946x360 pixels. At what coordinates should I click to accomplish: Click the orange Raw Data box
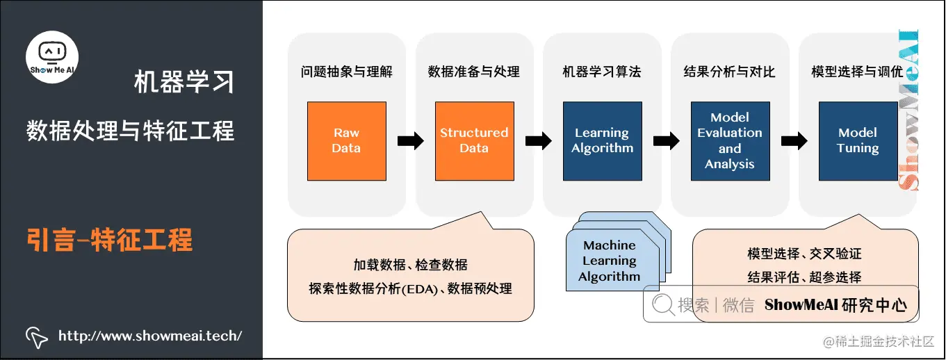pyautogui.click(x=346, y=141)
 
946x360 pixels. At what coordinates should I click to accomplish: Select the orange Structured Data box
pyautogui.click(x=474, y=141)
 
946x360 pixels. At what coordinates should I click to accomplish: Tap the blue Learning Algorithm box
pyautogui.click(x=602, y=141)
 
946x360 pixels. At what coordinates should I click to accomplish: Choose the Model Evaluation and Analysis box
pyautogui.click(x=730, y=141)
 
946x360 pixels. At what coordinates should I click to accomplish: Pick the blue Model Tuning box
pyautogui.click(x=858, y=141)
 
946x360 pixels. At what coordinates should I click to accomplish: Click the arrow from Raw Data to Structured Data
pyautogui.click(x=410, y=141)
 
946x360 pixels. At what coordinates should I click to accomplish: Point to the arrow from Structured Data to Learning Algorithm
pyautogui.click(x=539, y=141)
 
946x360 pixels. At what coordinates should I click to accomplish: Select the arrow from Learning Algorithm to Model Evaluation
pyautogui.click(x=667, y=141)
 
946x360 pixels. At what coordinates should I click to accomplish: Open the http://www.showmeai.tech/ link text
pyautogui.click(x=150, y=336)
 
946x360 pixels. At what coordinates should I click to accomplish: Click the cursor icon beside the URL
pyautogui.click(x=37, y=336)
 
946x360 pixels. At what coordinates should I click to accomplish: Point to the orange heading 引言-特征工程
pyautogui.click(x=109, y=240)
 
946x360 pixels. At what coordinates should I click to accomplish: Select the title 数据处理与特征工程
pyautogui.click(x=131, y=130)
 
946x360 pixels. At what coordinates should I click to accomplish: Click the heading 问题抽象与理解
pyautogui.click(x=346, y=72)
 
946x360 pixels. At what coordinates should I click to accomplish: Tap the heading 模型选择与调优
pyautogui.click(x=857, y=72)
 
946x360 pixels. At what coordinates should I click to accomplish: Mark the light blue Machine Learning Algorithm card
pyautogui.click(x=609, y=261)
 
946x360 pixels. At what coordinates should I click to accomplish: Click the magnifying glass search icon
pyautogui.click(x=663, y=304)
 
